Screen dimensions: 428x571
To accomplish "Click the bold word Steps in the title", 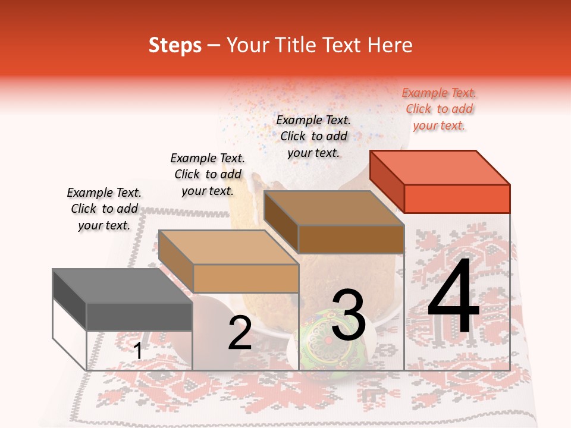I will (x=175, y=45).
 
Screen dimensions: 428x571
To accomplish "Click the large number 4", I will (x=453, y=297).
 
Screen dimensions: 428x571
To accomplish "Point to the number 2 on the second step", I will (x=240, y=333).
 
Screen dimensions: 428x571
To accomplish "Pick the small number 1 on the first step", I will (x=138, y=351).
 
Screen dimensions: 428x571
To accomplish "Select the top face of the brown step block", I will (x=334, y=209).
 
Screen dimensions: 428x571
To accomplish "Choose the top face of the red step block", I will (x=440, y=168).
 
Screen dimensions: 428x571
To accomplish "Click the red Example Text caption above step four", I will (x=439, y=109).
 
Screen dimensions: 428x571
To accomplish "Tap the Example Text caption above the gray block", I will (x=104, y=209).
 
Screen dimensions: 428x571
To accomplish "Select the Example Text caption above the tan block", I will (x=208, y=174).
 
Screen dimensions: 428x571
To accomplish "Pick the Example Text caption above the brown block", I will (x=313, y=136).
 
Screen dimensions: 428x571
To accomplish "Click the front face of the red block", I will (x=457, y=199).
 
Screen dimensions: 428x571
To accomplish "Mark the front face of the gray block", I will (x=139, y=316).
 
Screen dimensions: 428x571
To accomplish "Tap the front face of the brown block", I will (x=351, y=239).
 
